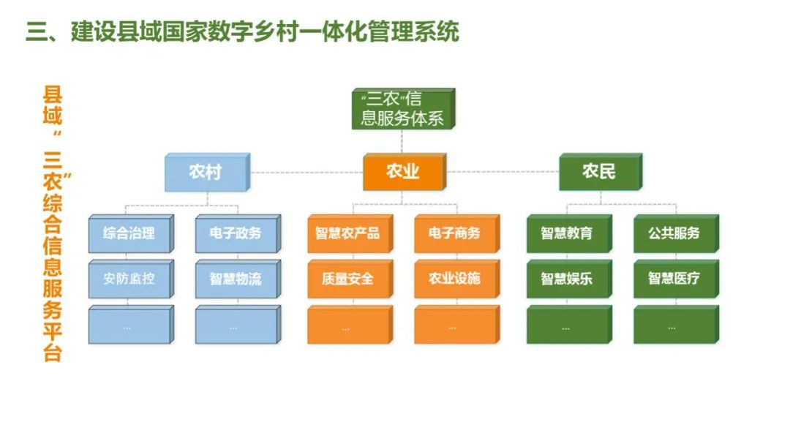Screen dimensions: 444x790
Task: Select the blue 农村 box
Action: tap(206, 173)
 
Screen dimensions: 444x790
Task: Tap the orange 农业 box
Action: tap(403, 173)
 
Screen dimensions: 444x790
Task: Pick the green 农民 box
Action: tap(599, 173)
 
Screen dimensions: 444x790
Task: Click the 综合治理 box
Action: tap(129, 234)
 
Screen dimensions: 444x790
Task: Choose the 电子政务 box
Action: tap(236, 234)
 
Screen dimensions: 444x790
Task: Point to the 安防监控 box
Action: tap(129, 279)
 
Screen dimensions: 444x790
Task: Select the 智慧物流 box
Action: tap(236, 279)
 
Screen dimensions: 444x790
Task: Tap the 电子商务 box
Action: tap(454, 234)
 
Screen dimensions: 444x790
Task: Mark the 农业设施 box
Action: tap(454, 279)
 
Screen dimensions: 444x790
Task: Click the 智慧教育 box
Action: tap(567, 234)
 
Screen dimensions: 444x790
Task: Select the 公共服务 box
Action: tap(674, 234)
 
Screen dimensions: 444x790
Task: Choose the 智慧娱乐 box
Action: tap(567, 279)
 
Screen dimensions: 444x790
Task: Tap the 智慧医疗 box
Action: tap(674, 279)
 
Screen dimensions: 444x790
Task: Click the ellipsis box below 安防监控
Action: tap(129, 326)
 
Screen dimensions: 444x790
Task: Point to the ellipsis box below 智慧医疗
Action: tap(674, 326)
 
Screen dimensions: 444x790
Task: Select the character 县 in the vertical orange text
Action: tap(53, 96)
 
